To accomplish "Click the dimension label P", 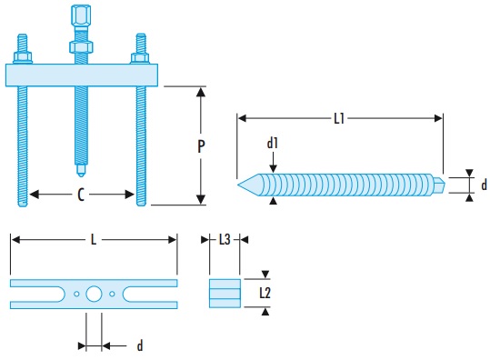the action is [x=201, y=146].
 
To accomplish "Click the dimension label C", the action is [x=81, y=195].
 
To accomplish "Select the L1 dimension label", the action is [x=339, y=119].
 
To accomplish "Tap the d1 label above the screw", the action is [x=273, y=143].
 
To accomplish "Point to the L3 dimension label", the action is [x=225, y=240].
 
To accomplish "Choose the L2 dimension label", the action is [x=265, y=293].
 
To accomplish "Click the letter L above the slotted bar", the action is [x=94, y=240].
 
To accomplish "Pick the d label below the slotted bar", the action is [x=140, y=346].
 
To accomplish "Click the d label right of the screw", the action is [x=484, y=185].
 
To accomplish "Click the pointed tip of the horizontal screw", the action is [x=238, y=185].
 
